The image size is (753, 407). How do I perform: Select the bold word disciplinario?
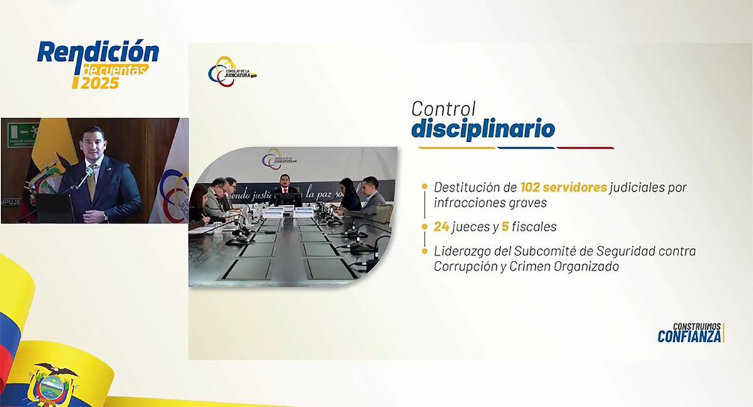483,129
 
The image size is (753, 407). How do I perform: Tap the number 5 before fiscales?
505,226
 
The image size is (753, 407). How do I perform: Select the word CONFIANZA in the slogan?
689,337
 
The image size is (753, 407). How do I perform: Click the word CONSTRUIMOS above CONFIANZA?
697,326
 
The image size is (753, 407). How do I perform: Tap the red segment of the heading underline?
585,148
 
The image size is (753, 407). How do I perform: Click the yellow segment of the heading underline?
448,148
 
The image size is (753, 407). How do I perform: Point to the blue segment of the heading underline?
526,148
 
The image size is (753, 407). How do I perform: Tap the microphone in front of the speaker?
83,178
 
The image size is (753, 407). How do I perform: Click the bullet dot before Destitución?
425,187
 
